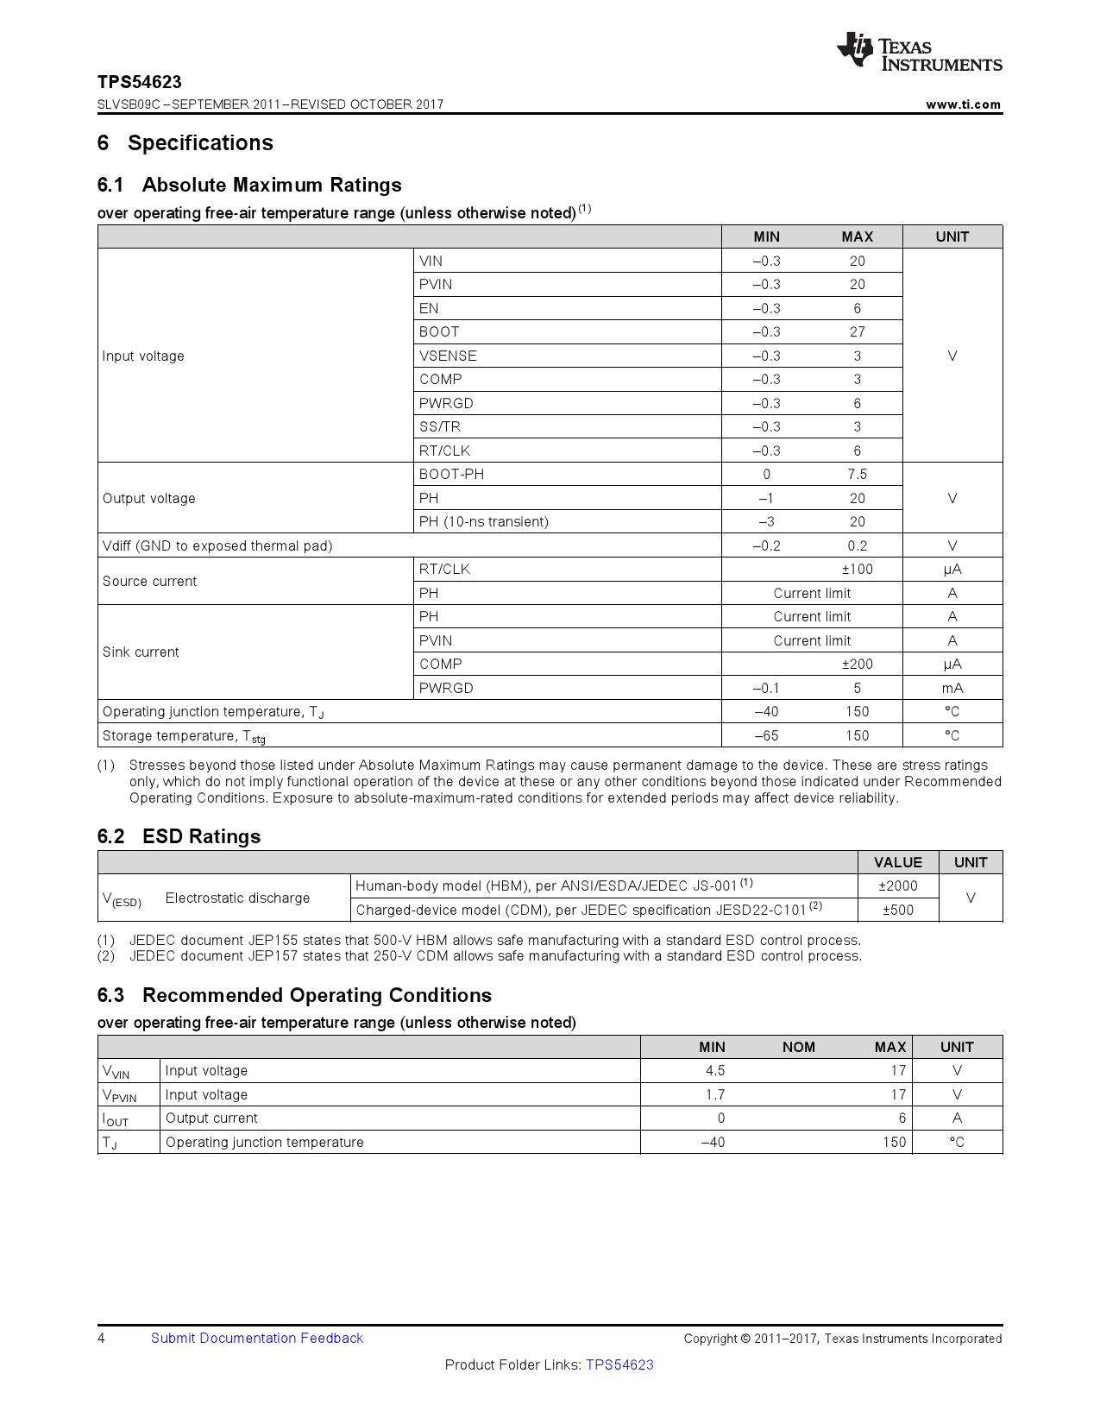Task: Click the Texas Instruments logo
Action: coord(919,52)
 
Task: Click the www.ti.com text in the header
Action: coord(963,104)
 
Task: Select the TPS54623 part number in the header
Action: coord(140,82)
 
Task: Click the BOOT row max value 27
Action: coord(857,332)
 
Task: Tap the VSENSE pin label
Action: coord(448,356)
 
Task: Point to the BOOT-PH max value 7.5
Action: coord(857,475)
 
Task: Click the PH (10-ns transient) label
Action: coord(483,522)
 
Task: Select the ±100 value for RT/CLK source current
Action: coord(857,570)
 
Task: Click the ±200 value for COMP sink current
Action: coord(857,665)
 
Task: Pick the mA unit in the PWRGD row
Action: coord(952,688)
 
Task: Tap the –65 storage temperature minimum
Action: coord(766,735)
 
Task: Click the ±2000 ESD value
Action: coord(897,886)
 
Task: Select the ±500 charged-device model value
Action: coord(897,910)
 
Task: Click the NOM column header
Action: coord(798,1047)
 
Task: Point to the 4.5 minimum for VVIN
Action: coord(714,1071)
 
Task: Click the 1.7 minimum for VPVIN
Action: coord(714,1094)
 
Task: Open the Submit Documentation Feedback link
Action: coord(257,1339)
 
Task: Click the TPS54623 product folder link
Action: coord(619,1365)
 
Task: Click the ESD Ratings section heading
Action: coord(201,836)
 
